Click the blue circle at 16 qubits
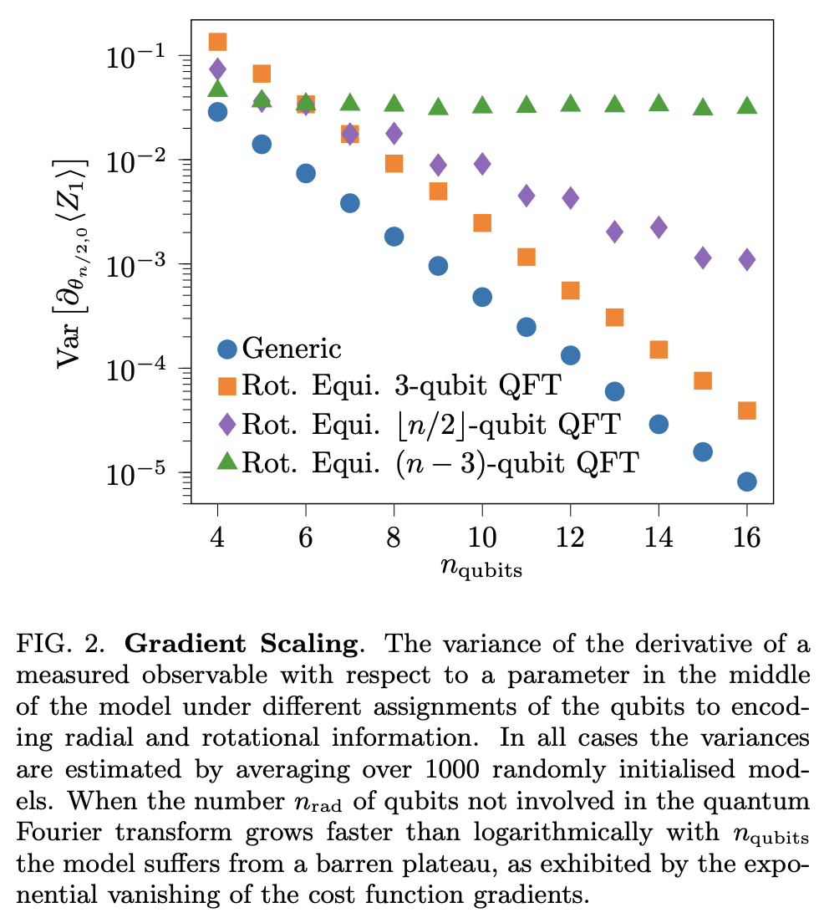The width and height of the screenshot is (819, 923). (x=747, y=482)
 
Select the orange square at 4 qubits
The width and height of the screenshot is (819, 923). (x=217, y=42)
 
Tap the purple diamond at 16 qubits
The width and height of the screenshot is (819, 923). (x=747, y=259)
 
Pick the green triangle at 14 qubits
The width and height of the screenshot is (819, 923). (x=659, y=103)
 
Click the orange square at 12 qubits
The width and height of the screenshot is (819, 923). (x=571, y=290)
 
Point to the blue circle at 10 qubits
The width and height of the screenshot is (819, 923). (x=482, y=297)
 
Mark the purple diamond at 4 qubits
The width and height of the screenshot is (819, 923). (x=217, y=69)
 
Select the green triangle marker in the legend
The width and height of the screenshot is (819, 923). (x=226, y=461)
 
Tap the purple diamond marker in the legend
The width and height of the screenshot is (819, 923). (x=226, y=424)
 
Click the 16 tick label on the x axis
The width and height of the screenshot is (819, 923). (x=747, y=538)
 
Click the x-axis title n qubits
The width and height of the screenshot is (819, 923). (x=481, y=569)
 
